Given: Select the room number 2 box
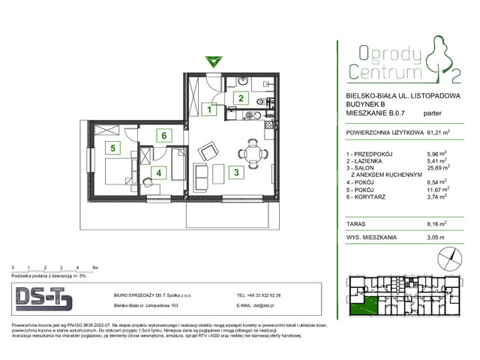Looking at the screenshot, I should point(241,97).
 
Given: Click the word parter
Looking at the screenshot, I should point(432,114).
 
